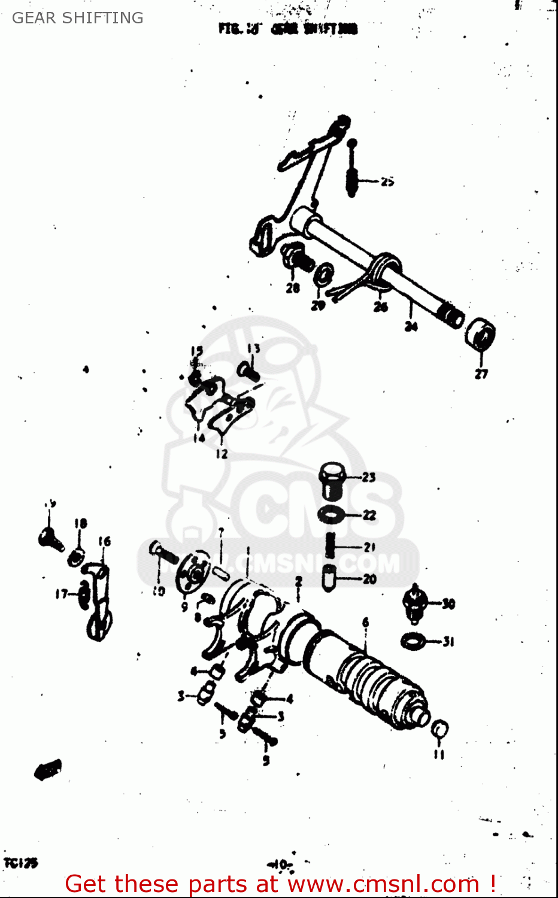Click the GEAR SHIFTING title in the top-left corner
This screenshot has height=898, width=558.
click(78, 18)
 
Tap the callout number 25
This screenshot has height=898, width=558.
click(387, 181)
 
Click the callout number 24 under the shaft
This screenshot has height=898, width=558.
click(411, 326)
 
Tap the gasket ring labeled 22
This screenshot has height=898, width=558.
click(330, 514)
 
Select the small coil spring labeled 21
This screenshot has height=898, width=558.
click(330, 545)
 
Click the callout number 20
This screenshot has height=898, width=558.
click(369, 578)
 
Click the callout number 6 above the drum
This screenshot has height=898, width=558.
click(365, 623)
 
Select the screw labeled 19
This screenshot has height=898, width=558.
click(50, 537)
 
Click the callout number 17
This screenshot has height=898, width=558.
click(62, 594)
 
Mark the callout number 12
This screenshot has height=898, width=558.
click(222, 454)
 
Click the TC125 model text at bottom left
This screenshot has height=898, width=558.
click(20, 863)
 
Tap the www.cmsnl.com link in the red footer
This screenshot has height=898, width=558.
click(383, 884)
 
